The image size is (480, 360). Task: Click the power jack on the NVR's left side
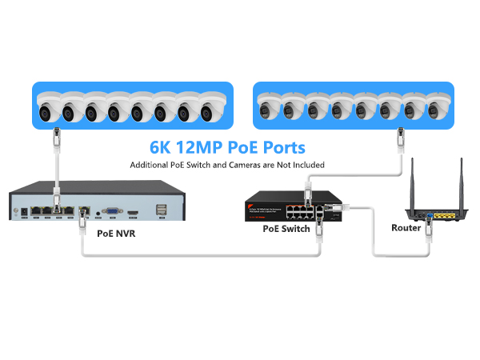(30, 213)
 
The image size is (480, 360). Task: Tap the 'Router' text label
(406, 228)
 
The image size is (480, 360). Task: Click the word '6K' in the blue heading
(164, 148)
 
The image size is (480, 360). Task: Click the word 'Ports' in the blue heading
(283, 148)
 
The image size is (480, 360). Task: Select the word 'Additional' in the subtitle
(150, 165)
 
